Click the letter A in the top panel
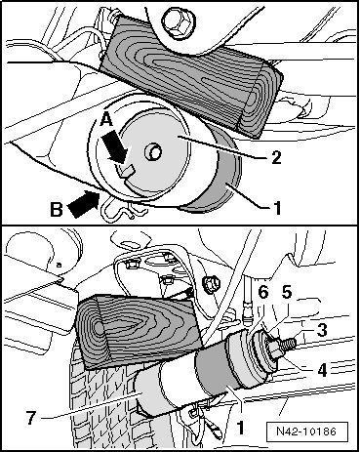pyautogui.click(x=106, y=120)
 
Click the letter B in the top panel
pyautogui.click(x=57, y=209)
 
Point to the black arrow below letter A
pyautogui.click(x=114, y=147)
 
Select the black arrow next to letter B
pyautogui.click(x=84, y=204)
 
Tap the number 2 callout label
pyautogui.click(x=275, y=157)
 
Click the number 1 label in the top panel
pyautogui.click(x=277, y=208)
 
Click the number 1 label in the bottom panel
pyautogui.click(x=240, y=428)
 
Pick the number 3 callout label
pyautogui.click(x=322, y=330)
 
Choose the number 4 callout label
pyautogui.click(x=322, y=370)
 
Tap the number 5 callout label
pyautogui.click(x=287, y=293)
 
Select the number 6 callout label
pyautogui.click(x=263, y=293)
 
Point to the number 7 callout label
pyautogui.click(x=31, y=418)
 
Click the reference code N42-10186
pyautogui.click(x=306, y=431)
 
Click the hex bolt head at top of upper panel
pyautogui.click(x=177, y=21)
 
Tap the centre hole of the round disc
pyautogui.click(x=153, y=152)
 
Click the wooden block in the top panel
pyautogui.click(x=191, y=76)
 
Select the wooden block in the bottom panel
pyautogui.click(x=140, y=330)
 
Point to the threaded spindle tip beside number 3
pyautogui.click(x=289, y=345)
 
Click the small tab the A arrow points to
pyautogui.click(x=125, y=171)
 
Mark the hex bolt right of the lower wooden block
pyautogui.click(x=211, y=285)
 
